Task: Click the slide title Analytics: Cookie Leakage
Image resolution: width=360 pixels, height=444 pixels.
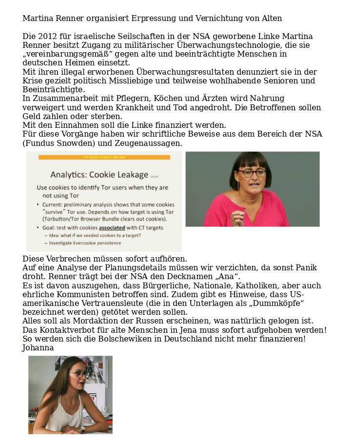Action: (x=99, y=175)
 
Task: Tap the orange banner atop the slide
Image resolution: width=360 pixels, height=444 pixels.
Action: (x=104, y=157)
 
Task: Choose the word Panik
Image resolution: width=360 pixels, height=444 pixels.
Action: (x=305, y=268)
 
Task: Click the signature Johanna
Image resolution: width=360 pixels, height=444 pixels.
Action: (x=38, y=348)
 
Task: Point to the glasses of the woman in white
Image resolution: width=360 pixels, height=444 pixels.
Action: (x=79, y=375)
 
